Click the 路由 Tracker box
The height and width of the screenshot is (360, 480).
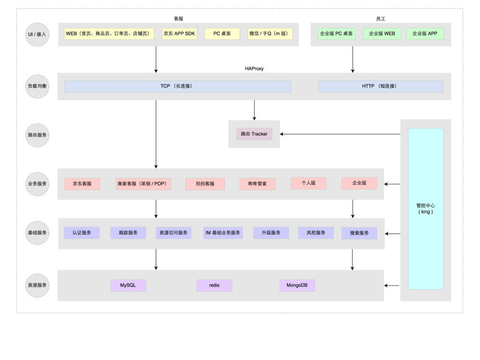tap(254, 134)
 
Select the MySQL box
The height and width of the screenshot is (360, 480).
tap(128, 285)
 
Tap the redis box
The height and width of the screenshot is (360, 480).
tap(214, 285)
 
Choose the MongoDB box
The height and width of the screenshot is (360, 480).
tap(297, 285)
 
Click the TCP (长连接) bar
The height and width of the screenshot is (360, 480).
tap(178, 86)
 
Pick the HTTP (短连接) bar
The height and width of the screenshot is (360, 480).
tap(380, 86)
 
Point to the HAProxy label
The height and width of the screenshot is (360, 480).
tap(254, 68)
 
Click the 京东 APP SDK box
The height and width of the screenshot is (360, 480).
tap(179, 34)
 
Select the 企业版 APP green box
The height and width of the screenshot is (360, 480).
tap(425, 34)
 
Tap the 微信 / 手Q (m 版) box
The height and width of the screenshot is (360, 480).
tap(270, 34)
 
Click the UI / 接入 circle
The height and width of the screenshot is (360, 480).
tap(37, 34)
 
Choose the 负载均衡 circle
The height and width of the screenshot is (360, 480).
tap(37, 86)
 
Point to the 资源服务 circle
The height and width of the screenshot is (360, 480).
tap(37, 285)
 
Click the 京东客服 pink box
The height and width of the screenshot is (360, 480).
tap(82, 184)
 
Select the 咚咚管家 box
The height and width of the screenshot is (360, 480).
tap(257, 184)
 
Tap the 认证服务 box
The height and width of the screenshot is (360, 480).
tap(82, 233)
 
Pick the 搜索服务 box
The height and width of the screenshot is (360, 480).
tap(359, 233)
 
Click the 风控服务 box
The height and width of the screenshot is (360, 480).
tap(316, 233)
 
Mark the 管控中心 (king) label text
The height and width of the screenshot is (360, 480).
tap(426, 209)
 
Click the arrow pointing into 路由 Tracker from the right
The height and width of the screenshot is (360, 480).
tap(340, 135)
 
